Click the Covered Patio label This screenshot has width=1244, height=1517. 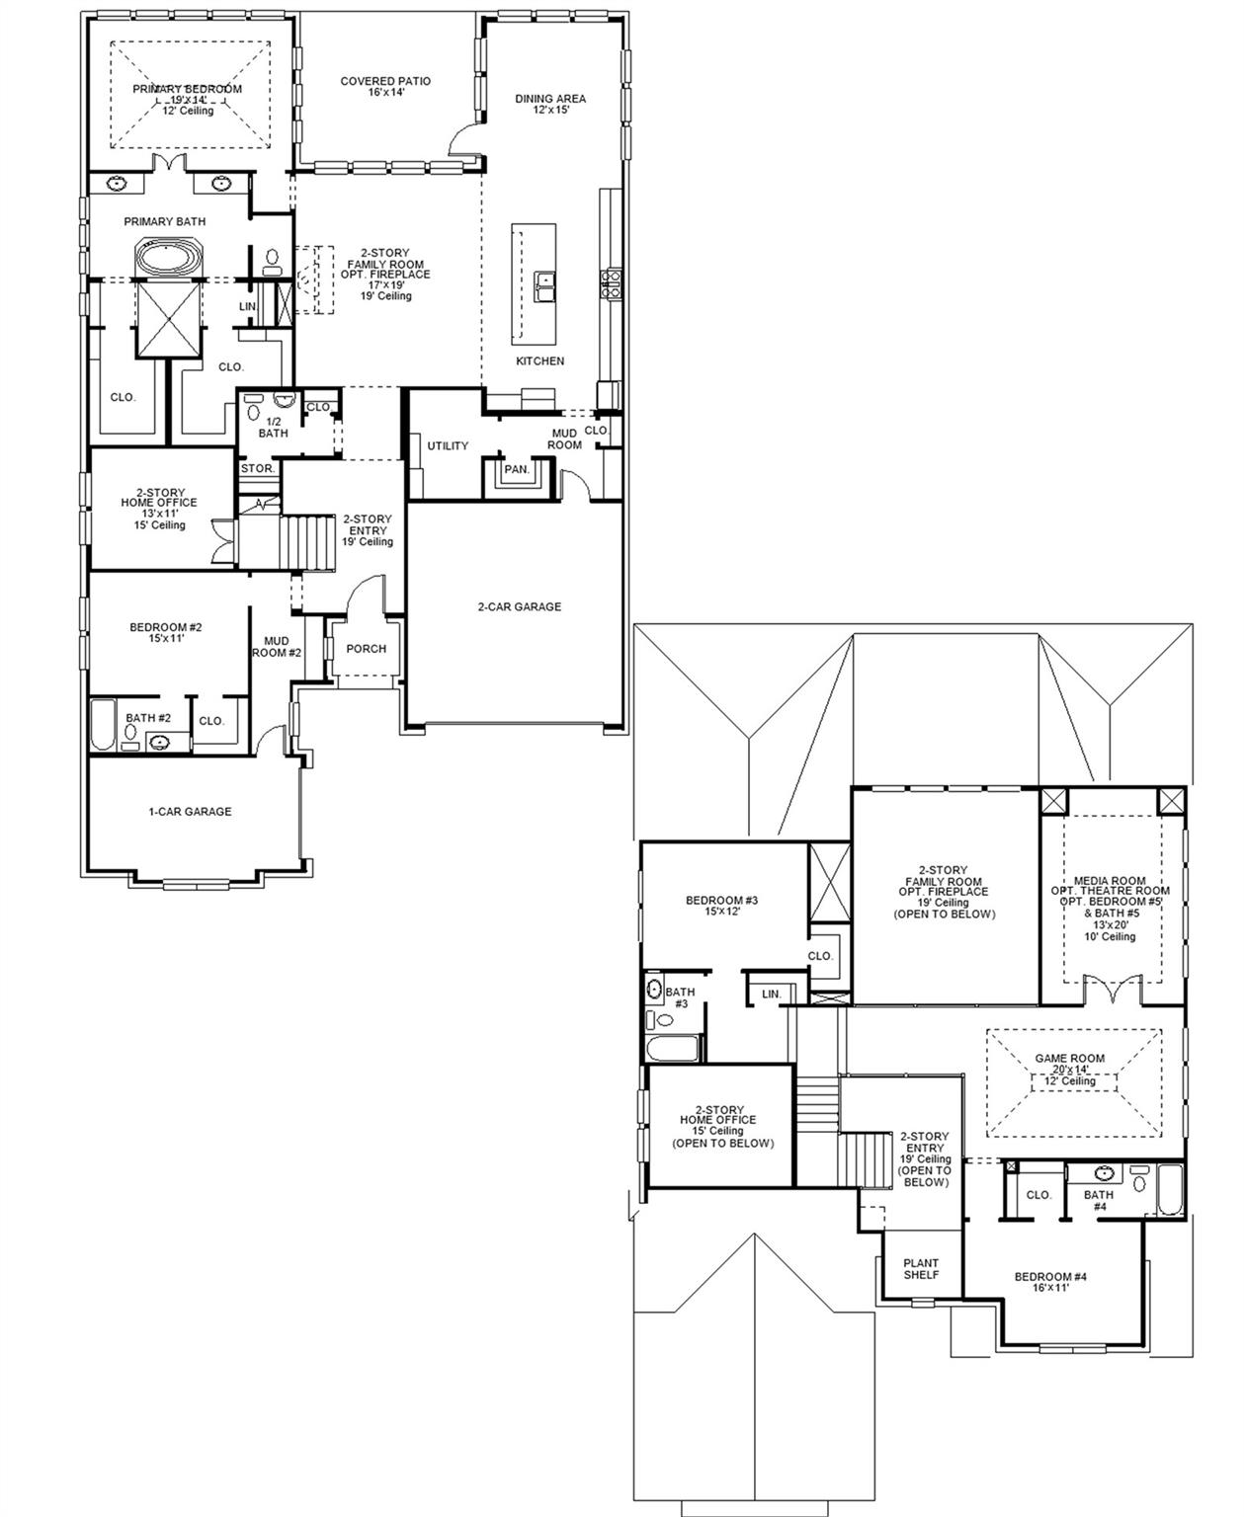pos(385,87)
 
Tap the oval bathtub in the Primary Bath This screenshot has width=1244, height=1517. pos(168,260)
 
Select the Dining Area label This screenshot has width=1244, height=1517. pos(550,104)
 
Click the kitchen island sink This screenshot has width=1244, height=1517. pos(544,285)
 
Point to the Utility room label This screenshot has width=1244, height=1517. pos(448,446)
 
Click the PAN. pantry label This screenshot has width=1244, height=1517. pos(517,470)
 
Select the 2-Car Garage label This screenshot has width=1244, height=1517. pos(519,607)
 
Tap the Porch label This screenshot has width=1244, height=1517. pos(366,649)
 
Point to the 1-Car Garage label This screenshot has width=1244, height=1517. pos(190,812)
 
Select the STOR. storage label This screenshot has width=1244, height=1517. pos(258,469)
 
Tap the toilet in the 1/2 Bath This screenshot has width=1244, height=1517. pos(254,407)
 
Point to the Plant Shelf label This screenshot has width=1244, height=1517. pos(921,1269)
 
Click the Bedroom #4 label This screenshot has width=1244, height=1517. pos(1050,1283)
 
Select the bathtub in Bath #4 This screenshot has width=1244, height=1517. pos(1169,1191)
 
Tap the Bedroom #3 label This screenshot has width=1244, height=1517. pos(721,906)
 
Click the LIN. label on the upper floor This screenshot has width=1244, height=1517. pos(771,994)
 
